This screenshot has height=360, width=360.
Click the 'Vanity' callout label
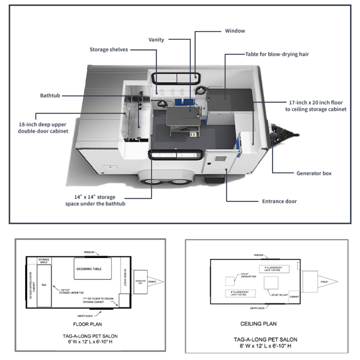click(x=156, y=39)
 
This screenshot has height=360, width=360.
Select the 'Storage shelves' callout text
click(x=108, y=50)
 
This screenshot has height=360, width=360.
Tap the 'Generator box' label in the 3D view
click(x=314, y=173)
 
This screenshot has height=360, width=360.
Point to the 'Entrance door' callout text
click(x=279, y=201)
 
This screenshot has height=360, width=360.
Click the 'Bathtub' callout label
click(x=50, y=95)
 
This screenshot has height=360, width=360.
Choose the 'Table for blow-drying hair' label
click(x=277, y=54)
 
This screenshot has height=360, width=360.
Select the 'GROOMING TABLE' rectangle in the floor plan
click(x=92, y=269)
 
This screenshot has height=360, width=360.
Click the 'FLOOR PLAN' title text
click(x=87, y=324)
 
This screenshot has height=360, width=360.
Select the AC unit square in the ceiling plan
click(x=271, y=283)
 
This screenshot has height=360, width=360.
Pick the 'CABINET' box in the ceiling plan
click(x=294, y=297)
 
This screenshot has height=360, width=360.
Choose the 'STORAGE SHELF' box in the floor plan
click(x=43, y=261)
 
